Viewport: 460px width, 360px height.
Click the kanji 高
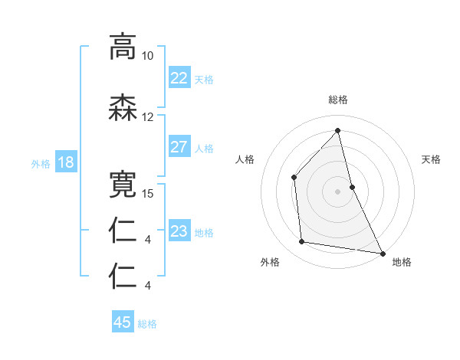[x=123, y=47]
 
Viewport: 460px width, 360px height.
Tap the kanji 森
[x=123, y=109]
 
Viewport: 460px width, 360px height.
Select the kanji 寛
[x=123, y=184]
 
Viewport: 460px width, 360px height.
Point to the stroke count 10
[x=147, y=56]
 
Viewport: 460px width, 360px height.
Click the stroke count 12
[x=147, y=117]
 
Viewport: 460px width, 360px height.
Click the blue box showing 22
[x=179, y=78]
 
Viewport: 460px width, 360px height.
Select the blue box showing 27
[x=179, y=147]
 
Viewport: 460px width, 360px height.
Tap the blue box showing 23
[x=179, y=231]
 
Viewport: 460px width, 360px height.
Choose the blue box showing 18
[x=65, y=162]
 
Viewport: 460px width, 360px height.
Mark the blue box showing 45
[x=123, y=322]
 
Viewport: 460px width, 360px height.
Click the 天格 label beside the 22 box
[x=204, y=79]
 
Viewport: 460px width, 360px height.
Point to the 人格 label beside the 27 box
[x=204, y=148]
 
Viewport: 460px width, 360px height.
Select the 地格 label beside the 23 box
[x=204, y=232]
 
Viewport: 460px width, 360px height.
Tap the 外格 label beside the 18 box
[x=41, y=163]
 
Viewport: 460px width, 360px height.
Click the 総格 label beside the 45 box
[x=147, y=323]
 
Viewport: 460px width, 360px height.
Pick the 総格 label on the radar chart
[x=337, y=100]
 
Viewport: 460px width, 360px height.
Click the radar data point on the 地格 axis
[x=382, y=252]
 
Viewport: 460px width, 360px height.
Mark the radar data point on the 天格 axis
[x=352, y=186]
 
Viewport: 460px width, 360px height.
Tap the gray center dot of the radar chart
[x=337, y=191]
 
